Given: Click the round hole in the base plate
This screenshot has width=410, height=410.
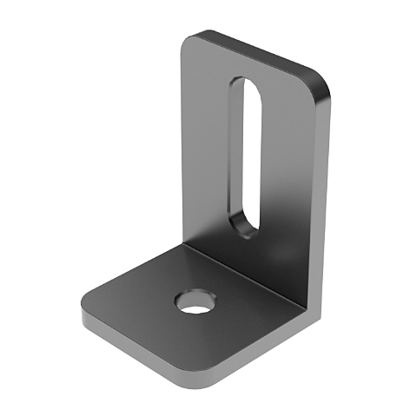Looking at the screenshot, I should point(194,303).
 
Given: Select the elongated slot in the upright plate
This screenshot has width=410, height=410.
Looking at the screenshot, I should point(243,156).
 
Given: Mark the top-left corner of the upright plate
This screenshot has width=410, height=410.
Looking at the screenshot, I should point(193,39).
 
